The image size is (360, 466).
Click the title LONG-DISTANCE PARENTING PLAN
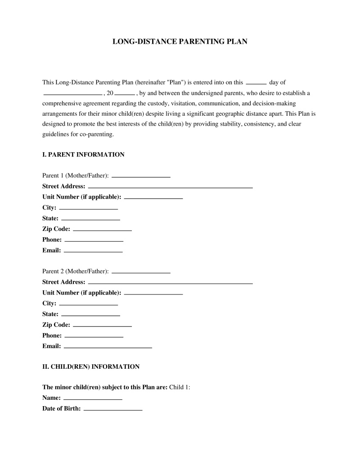coord(180,41)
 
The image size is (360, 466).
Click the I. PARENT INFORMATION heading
coord(83,154)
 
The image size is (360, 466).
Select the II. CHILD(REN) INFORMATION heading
coord(91,366)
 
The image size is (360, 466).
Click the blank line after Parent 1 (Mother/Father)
coord(141,176)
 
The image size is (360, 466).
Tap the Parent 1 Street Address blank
coord(170,186)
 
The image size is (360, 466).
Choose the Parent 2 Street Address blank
coord(170,283)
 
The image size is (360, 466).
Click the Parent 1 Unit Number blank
coord(153,198)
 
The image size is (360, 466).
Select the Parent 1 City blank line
coord(89,208)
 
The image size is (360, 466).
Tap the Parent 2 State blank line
coord(90,315)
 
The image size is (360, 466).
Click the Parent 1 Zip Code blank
coord(102,230)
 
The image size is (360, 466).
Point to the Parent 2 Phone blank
coord(94,336)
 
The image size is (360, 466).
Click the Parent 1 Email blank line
coord(93,251)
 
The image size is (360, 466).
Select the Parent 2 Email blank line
coord(108,347)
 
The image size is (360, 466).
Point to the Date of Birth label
coord(62,409)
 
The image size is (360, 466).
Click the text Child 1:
coord(180,387)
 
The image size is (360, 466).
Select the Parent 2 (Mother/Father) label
coord(76,271)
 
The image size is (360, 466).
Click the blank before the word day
coord(256,83)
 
